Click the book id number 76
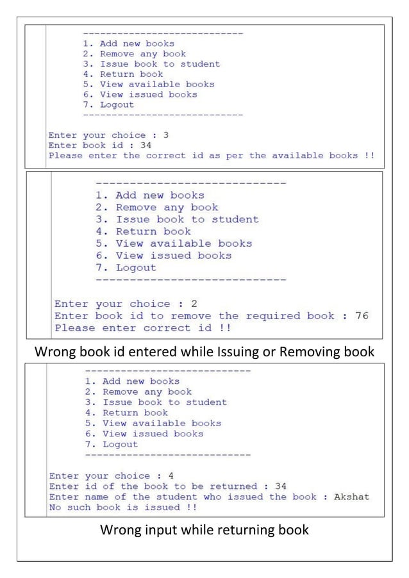click(x=362, y=316)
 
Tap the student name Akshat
click(x=352, y=497)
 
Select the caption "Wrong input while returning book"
click(x=204, y=530)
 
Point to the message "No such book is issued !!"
click(x=123, y=507)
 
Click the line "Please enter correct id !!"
click(x=142, y=328)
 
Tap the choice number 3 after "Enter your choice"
click(x=166, y=135)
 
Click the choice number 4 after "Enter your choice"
click(x=171, y=476)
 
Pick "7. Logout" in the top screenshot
click(x=108, y=104)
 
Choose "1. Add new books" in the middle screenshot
click(x=150, y=195)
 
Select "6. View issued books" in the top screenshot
click(x=140, y=94)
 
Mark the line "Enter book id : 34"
click(x=99, y=145)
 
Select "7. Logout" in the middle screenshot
click(x=126, y=268)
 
